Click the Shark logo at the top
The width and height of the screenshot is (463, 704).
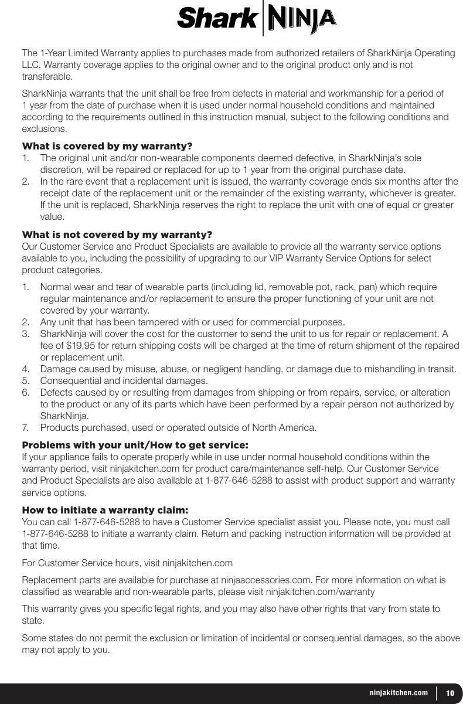(217, 19)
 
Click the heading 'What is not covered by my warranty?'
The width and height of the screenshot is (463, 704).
(117, 235)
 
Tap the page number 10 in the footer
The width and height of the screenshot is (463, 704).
(450, 693)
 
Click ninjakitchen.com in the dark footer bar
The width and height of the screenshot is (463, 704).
(399, 693)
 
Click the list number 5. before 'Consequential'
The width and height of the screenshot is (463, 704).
(26, 381)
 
